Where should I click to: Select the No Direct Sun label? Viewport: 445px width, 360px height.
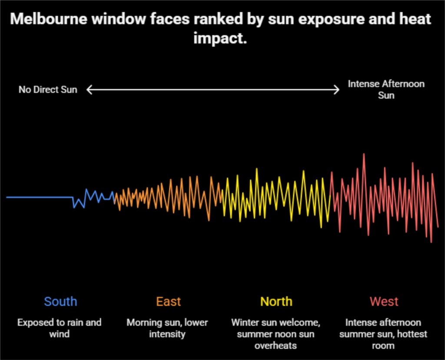tap(48, 90)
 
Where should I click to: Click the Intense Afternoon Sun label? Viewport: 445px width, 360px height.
tap(386, 89)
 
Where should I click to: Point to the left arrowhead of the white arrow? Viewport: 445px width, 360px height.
tap(88, 90)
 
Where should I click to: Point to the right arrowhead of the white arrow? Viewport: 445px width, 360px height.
tap(337, 90)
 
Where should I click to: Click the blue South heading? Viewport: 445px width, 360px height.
tap(60, 301)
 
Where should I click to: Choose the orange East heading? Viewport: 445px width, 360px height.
tap(168, 301)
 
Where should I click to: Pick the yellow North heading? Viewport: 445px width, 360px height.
tap(276, 301)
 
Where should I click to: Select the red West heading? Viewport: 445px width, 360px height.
tap(384, 301)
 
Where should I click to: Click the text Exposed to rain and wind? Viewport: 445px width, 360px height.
tap(60, 328)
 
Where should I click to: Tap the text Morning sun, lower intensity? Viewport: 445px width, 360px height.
tap(167, 328)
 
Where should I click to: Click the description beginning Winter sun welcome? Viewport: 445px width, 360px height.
tap(276, 334)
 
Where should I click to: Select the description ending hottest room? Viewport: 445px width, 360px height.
tap(383, 334)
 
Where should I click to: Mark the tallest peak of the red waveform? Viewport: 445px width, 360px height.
tap(364, 154)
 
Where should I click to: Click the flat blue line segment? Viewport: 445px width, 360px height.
tap(39, 197)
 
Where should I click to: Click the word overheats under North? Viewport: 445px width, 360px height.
tap(276, 346)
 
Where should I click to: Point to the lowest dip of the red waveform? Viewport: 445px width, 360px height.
tap(431, 241)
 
